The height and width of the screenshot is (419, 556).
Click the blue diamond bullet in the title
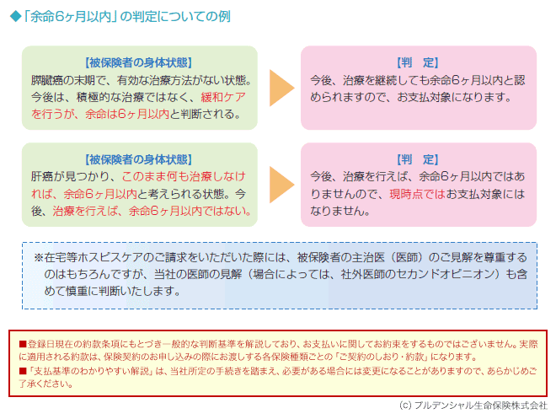(16, 17)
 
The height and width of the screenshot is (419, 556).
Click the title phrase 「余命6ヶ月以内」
(70, 17)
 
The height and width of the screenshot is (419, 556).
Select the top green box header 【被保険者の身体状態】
(139, 62)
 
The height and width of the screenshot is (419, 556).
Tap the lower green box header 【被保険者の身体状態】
(139, 159)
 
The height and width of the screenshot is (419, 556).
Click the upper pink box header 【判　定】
(418, 62)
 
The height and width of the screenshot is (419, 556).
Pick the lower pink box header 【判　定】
(418, 159)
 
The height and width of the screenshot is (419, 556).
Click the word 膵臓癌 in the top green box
(47, 80)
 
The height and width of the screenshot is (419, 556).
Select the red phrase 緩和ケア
(223, 97)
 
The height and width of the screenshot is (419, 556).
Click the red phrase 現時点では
(417, 194)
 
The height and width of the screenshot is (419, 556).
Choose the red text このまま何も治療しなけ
(184, 176)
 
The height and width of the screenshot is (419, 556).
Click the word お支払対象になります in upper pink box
(454, 97)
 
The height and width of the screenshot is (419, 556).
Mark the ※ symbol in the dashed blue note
(39, 258)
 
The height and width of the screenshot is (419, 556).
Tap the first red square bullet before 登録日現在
(23, 344)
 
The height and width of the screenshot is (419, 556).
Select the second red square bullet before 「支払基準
(23, 371)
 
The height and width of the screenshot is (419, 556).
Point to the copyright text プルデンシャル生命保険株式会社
(481, 406)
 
